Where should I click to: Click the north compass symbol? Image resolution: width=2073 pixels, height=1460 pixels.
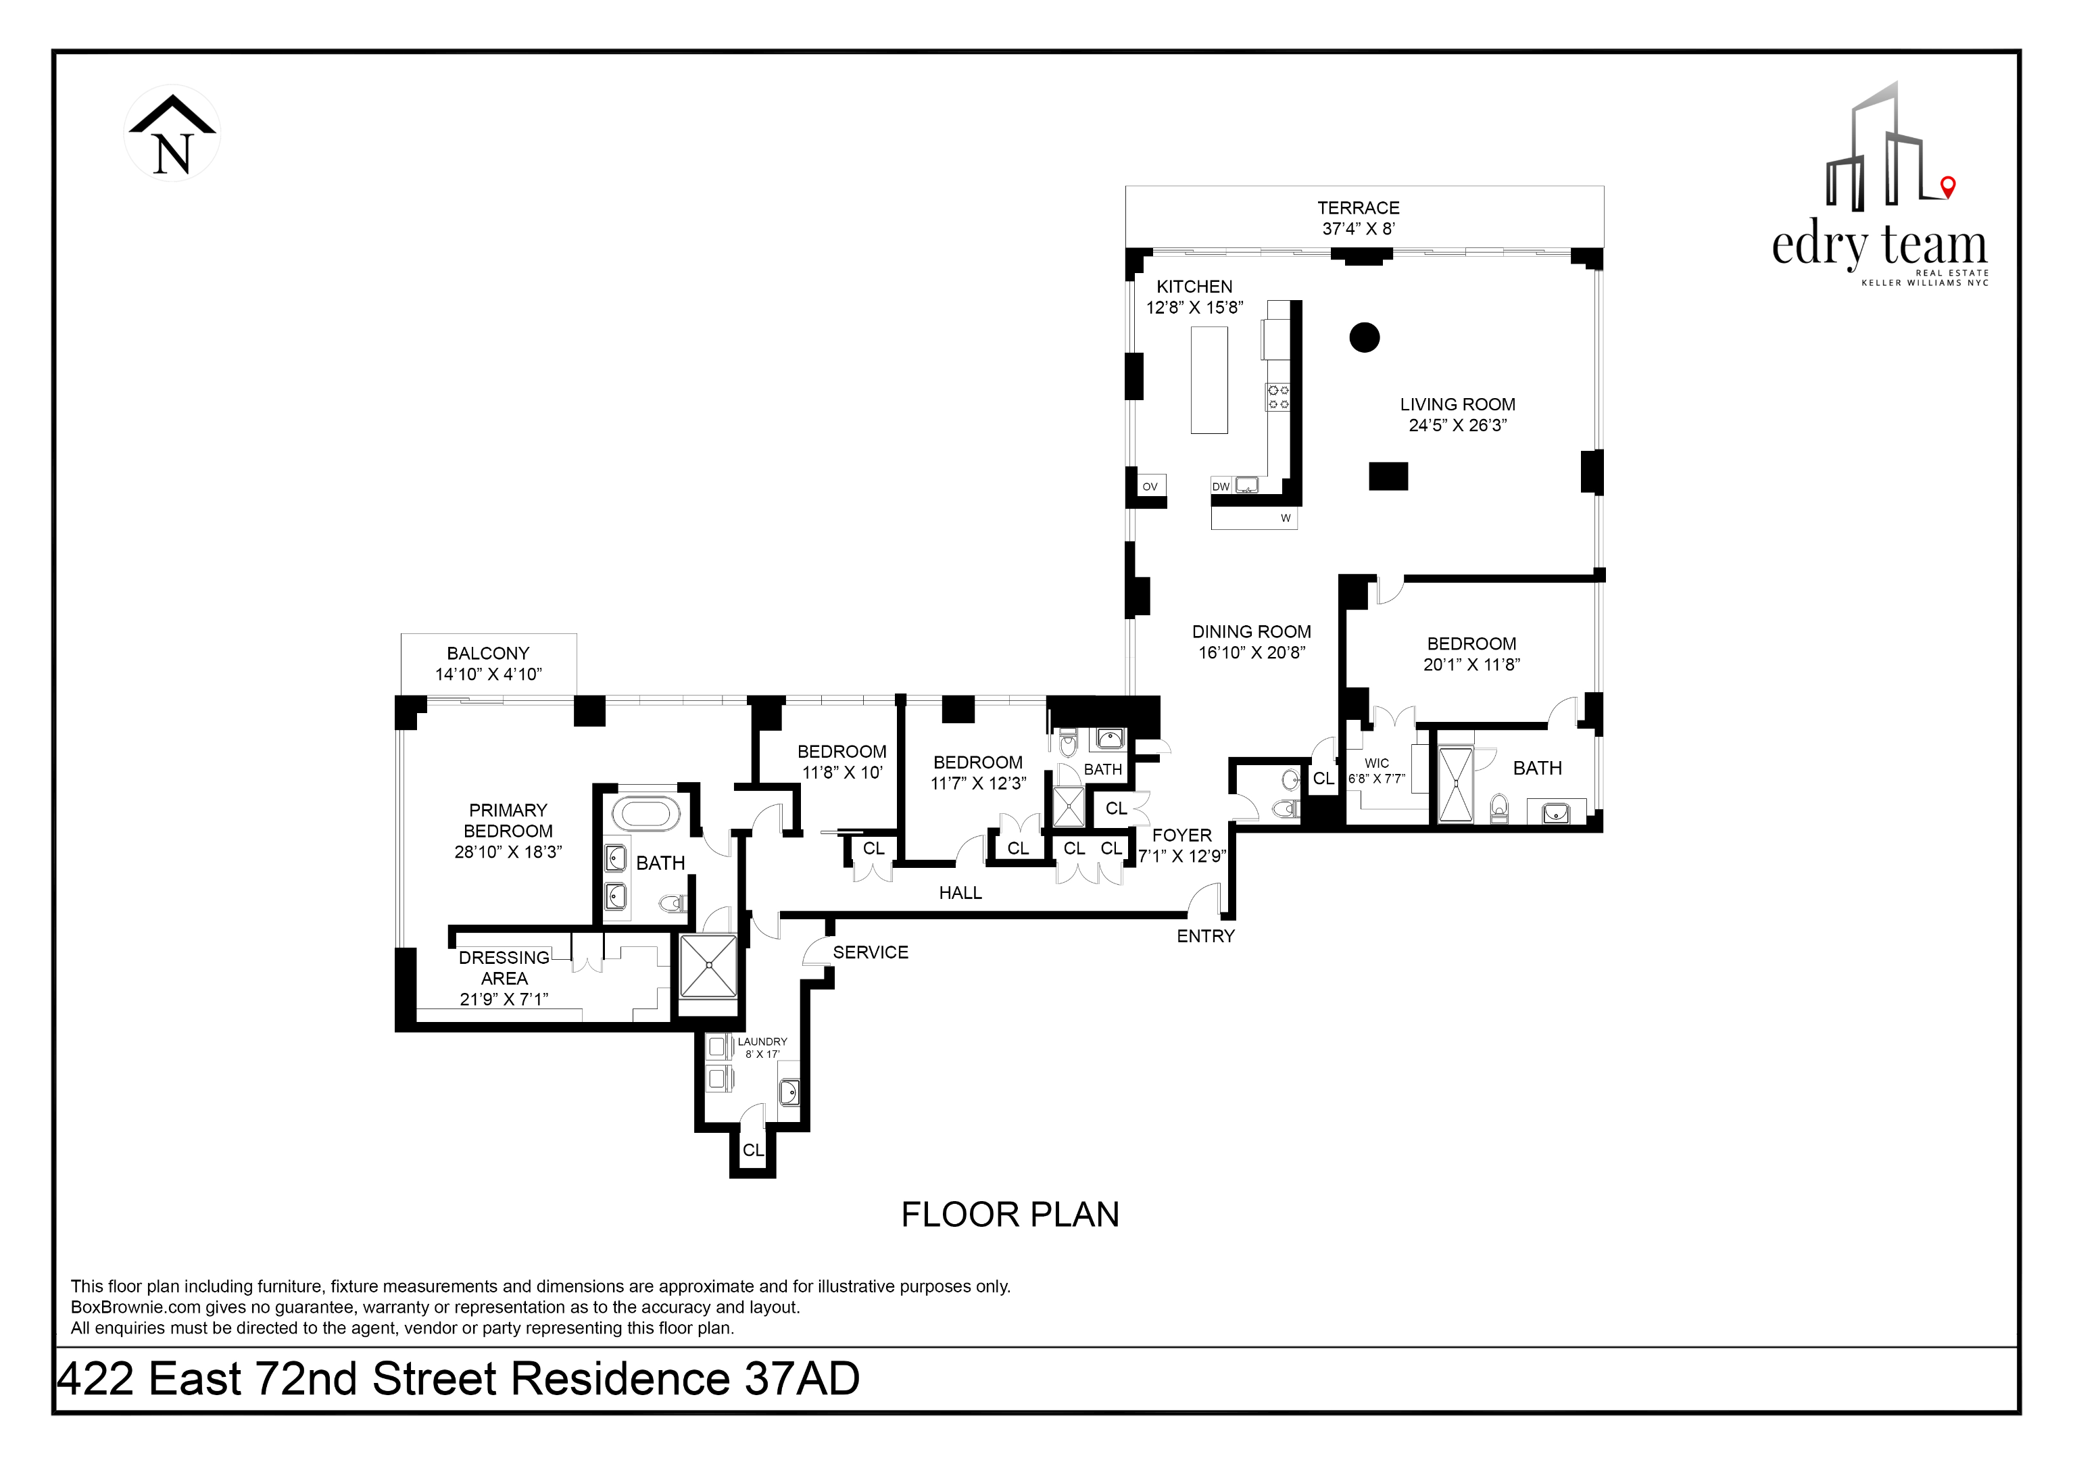pyautogui.click(x=172, y=134)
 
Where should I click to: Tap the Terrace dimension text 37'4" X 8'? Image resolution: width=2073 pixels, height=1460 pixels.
pyautogui.click(x=1358, y=229)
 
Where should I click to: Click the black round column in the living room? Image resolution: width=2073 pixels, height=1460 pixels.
pyautogui.click(x=1364, y=338)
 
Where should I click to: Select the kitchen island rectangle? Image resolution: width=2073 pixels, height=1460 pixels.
pyautogui.click(x=1209, y=380)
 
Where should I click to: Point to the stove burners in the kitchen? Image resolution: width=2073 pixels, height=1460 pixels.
pyautogui.click(x=1278, y=397)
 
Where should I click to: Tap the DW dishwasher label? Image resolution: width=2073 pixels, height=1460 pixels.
pyautogui.click(x=1221, y=487)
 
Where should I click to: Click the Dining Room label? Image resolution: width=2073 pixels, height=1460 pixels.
pyautogui.click(x=1251, y=632)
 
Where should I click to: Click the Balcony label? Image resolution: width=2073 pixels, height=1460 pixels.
pyautogui.click(x=487, y=654)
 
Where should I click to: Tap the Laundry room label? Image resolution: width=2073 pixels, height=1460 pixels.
pyautogui.click(x=762, y=1042)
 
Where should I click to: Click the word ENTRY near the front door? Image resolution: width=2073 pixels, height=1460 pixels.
pyautogui.click(x=1205, y=936)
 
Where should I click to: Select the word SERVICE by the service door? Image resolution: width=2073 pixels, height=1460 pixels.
pyautogui.click(x=871, y=952)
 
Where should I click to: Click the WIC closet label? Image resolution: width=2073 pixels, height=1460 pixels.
pyautogui.click(x=1376, y=764)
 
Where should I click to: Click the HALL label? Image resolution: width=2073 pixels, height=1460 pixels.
pyautogui.click(x=960, y=893)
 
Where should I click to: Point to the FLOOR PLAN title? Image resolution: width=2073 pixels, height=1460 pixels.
pyautogui.click(x=1009, y=1215)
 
